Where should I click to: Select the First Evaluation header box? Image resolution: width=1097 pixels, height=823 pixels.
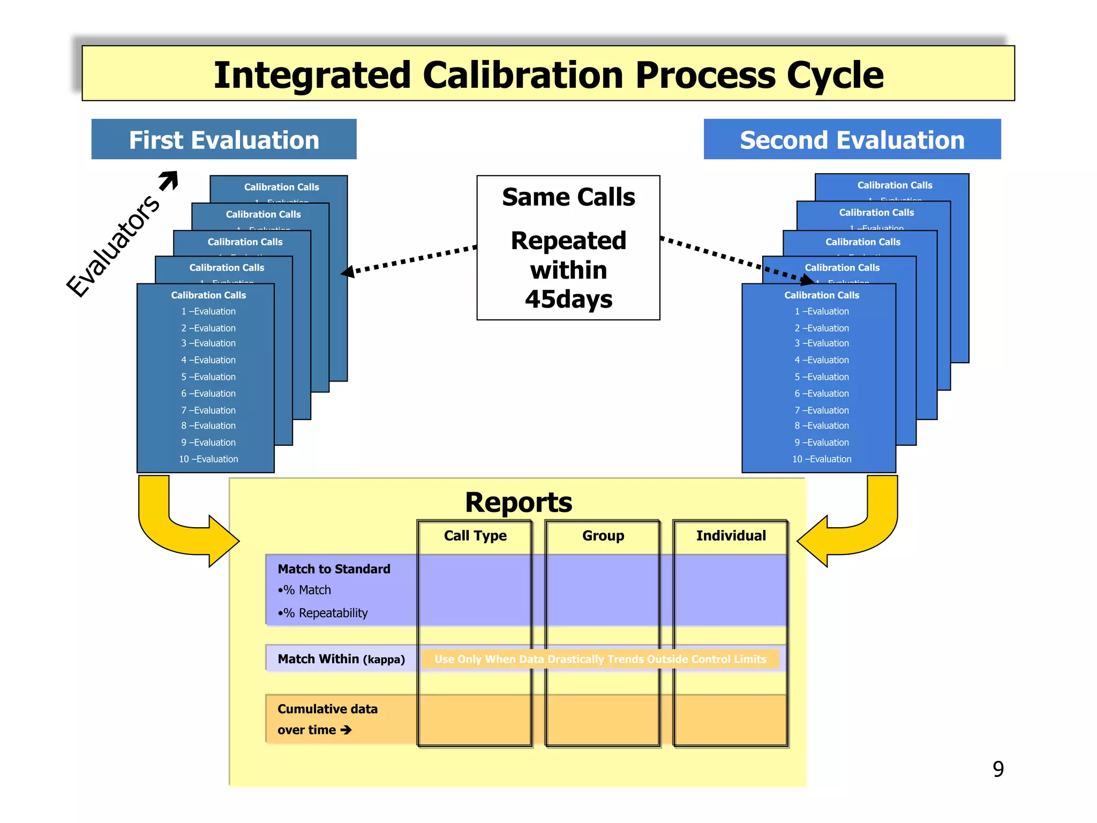pos(224,139)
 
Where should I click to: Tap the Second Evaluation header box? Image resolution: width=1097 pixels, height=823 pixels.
pos(852,139)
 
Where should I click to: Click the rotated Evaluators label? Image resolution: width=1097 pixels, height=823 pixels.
pos(113,246)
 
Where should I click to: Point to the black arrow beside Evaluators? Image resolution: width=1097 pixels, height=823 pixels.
pos(169,181)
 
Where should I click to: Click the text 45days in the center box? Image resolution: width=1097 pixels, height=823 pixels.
pos(568,299)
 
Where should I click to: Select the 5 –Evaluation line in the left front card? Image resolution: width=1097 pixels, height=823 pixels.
pos(208,377)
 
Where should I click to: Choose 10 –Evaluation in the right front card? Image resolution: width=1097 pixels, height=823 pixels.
pos(821,459)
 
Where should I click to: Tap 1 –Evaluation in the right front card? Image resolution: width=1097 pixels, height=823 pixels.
pos(821,311)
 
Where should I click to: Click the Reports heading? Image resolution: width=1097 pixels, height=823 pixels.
pos(518,502)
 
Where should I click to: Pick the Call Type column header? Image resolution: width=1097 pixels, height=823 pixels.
pos(475,535)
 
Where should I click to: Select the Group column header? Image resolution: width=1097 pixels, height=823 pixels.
pos(603,535)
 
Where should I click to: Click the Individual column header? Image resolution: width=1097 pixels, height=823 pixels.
pos(731,535)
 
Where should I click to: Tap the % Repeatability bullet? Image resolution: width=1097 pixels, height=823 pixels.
pos(324,613)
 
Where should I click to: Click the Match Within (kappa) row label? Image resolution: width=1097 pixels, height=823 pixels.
pos(341,659)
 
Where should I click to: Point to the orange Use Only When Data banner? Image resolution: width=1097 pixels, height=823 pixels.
pos(600,659)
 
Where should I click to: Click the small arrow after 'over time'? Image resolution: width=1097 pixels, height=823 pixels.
pos(346,730)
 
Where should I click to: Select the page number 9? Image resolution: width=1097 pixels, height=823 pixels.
pos(998,769)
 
